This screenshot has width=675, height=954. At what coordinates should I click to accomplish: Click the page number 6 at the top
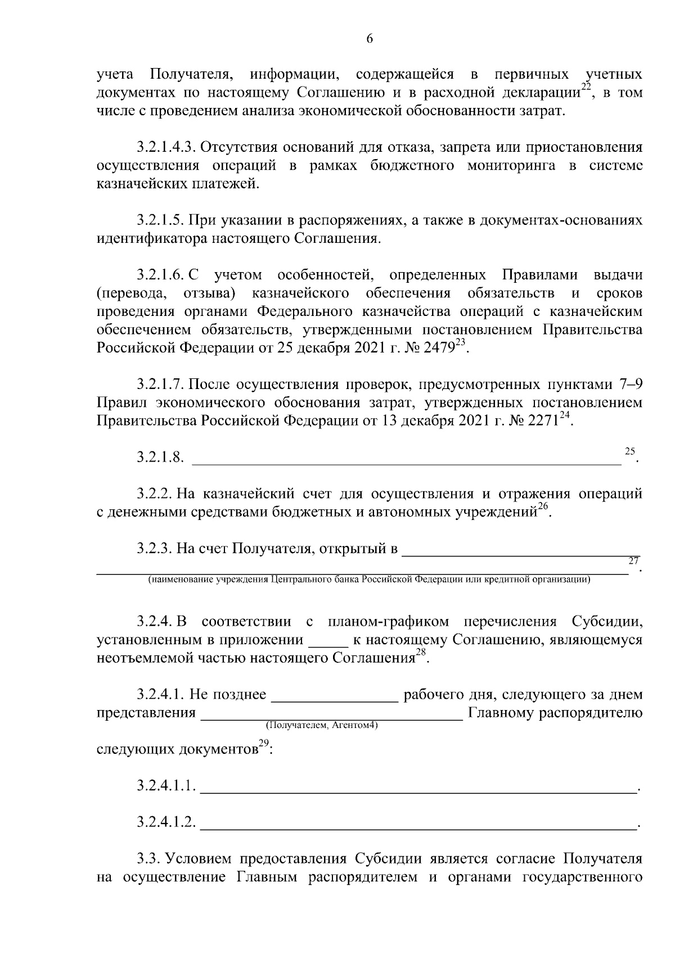369,39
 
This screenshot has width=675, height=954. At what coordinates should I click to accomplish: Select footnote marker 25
629,451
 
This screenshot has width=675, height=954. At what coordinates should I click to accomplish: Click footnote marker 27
633,560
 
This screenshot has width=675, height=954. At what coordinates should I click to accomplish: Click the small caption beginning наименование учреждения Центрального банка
368,580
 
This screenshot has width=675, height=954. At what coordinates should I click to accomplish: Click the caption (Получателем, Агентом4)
322,725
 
